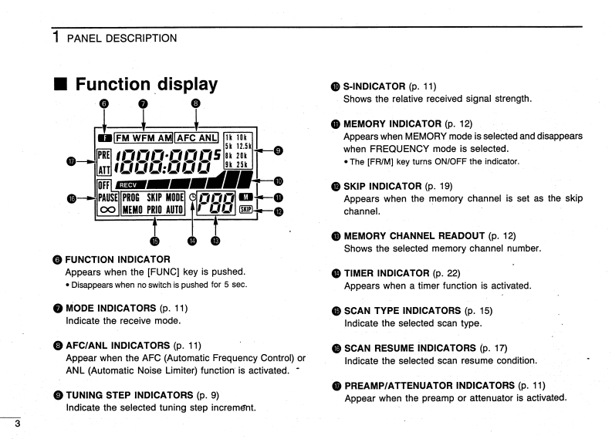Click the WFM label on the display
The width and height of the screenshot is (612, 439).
click(x=145, y=138)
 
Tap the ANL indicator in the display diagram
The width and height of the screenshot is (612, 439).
click(x=205, y=138)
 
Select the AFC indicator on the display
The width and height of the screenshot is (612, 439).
click(x=185, y=138)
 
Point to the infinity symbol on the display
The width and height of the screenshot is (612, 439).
click(x=107, y=209)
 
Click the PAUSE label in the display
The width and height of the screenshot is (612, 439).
click(x=107, y=197)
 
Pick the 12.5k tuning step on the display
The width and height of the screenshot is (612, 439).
click(x=244, y=145)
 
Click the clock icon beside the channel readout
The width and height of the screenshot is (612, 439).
click(x=193, y=197)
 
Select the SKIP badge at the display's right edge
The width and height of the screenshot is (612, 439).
click(x=246, y=209)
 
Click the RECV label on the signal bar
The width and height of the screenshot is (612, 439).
click(x=127, y=184)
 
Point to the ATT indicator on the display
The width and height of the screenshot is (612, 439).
click(x=105, y=165)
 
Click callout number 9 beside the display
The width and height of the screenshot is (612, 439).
click(x=279, y=150)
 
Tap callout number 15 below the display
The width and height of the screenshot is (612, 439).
click(x=156, y=241)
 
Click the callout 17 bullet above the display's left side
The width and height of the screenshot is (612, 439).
click(x=72, y=161)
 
